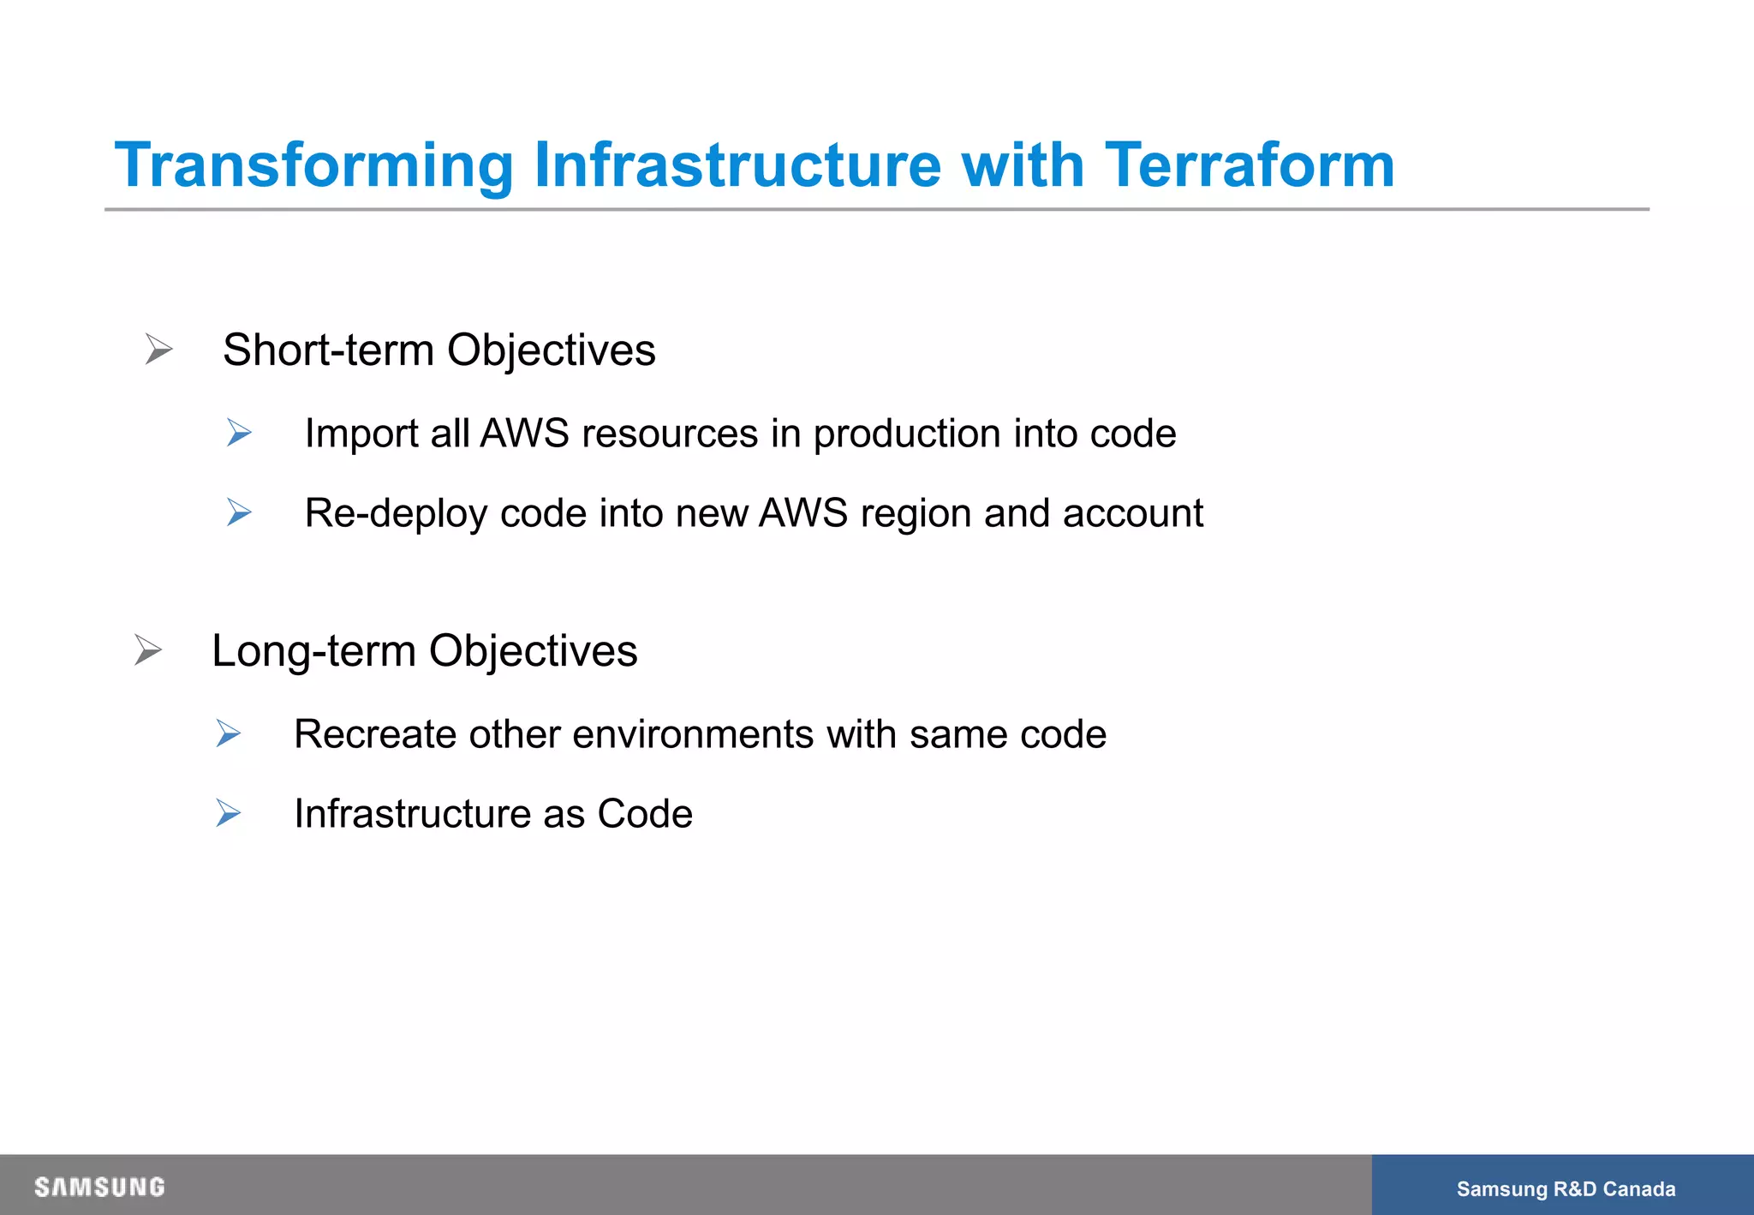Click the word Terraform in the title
point(1250,165)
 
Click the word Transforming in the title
point(313,166)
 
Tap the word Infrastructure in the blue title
point(737,165)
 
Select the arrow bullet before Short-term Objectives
point(158,350)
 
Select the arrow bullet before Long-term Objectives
point(147,650)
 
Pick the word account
point(1132,513)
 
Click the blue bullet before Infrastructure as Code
point(228,813)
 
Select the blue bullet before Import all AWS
point(239,433)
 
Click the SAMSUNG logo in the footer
point(99,1187)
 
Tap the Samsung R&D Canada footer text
point(1566,1188)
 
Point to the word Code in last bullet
point(644,814)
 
